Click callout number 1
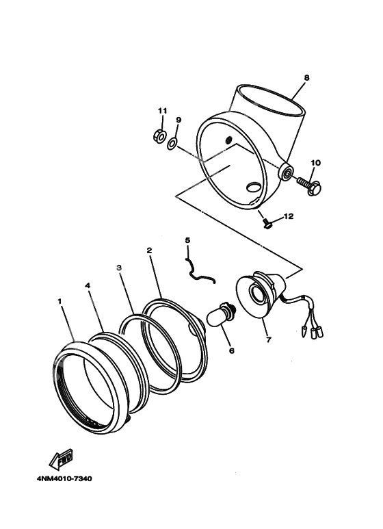(x=60, y=300)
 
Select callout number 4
(x=88, y=285)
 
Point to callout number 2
(x=149, y=250)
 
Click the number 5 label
(x=187, y=240)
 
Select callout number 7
(x=269, y=339)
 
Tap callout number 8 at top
(x=306, y=78)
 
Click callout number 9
(x=179, y=120)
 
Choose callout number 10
(x=315, y=163)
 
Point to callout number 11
(x=162, y=111)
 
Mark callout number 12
(x=288, y=216)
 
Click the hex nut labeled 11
(x=159, y=136)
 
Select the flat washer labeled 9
(x=172, y=142)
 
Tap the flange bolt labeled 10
(x=309, y=185)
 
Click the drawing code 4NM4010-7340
(x=60, y=478)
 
